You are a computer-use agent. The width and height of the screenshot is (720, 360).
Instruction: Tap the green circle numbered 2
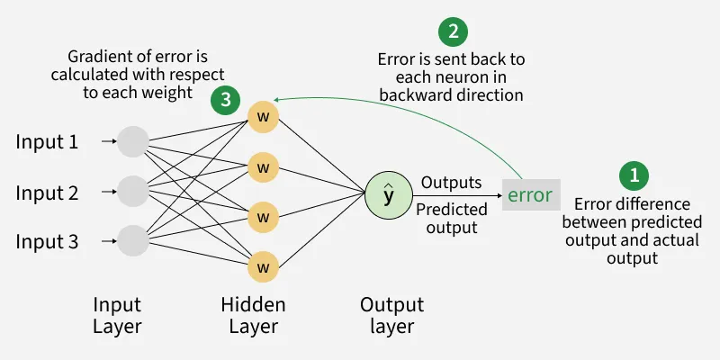(453, 33)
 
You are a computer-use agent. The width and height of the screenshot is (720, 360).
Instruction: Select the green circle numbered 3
(226, 99)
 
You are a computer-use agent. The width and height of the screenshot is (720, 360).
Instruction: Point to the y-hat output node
(388, 193)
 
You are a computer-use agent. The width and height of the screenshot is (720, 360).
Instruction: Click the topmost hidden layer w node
(264, 117)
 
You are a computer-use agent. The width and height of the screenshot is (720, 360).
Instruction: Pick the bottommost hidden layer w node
(264, 266)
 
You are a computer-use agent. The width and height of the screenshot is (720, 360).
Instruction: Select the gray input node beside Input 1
(133, 141)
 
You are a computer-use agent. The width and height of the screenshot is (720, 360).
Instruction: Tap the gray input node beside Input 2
(133, 191)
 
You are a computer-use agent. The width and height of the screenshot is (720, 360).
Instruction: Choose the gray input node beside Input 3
(133, 241)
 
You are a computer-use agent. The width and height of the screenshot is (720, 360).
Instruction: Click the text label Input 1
(47, 141)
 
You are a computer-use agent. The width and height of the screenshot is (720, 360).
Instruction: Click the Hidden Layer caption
(253, 315)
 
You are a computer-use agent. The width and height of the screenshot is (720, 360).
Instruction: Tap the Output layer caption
(391, 315)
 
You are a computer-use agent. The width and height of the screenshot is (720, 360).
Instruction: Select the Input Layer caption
(118, 315)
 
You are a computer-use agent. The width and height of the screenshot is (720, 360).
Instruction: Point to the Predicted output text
(451, 219)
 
